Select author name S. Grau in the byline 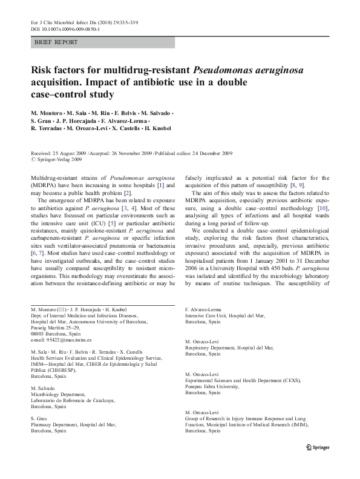43,121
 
